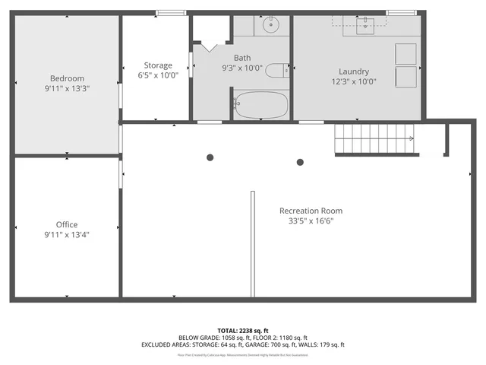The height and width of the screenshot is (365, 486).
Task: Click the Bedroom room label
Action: [x=67, y=78]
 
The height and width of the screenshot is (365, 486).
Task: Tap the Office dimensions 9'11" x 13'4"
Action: [x=67, y=235]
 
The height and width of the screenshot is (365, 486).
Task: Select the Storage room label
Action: [x=158, y=65]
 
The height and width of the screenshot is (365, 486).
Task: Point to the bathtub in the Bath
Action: [x=260, y=105]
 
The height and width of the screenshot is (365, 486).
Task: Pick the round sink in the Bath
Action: [x=272, y=25]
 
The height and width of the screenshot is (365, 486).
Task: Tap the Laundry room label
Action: [x=353, y=71]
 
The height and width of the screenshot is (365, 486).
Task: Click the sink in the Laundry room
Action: [x=368, y=25]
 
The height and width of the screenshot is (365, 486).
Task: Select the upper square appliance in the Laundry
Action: [x=406, y=53]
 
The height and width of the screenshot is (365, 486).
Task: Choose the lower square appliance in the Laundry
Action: [x=406, y=76]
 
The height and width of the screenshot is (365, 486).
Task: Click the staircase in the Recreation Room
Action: [x=375, y=139]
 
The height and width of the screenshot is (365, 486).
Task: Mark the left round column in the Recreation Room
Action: [x=210, y=157]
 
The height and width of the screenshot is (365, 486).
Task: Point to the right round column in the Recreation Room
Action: [x=300, y=161]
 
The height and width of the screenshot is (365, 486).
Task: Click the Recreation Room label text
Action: [x=311, y=211]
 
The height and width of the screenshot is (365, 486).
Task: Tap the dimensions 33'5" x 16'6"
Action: [x=311, y=221]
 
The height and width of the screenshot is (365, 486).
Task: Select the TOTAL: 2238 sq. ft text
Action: [x=242, y=331]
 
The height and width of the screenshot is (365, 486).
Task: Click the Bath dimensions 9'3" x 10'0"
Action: [x=242, y=68]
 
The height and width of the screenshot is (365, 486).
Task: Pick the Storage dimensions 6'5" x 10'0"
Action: [x=158, y=76]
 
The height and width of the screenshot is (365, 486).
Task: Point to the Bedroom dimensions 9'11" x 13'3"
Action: [x=67, y=89]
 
